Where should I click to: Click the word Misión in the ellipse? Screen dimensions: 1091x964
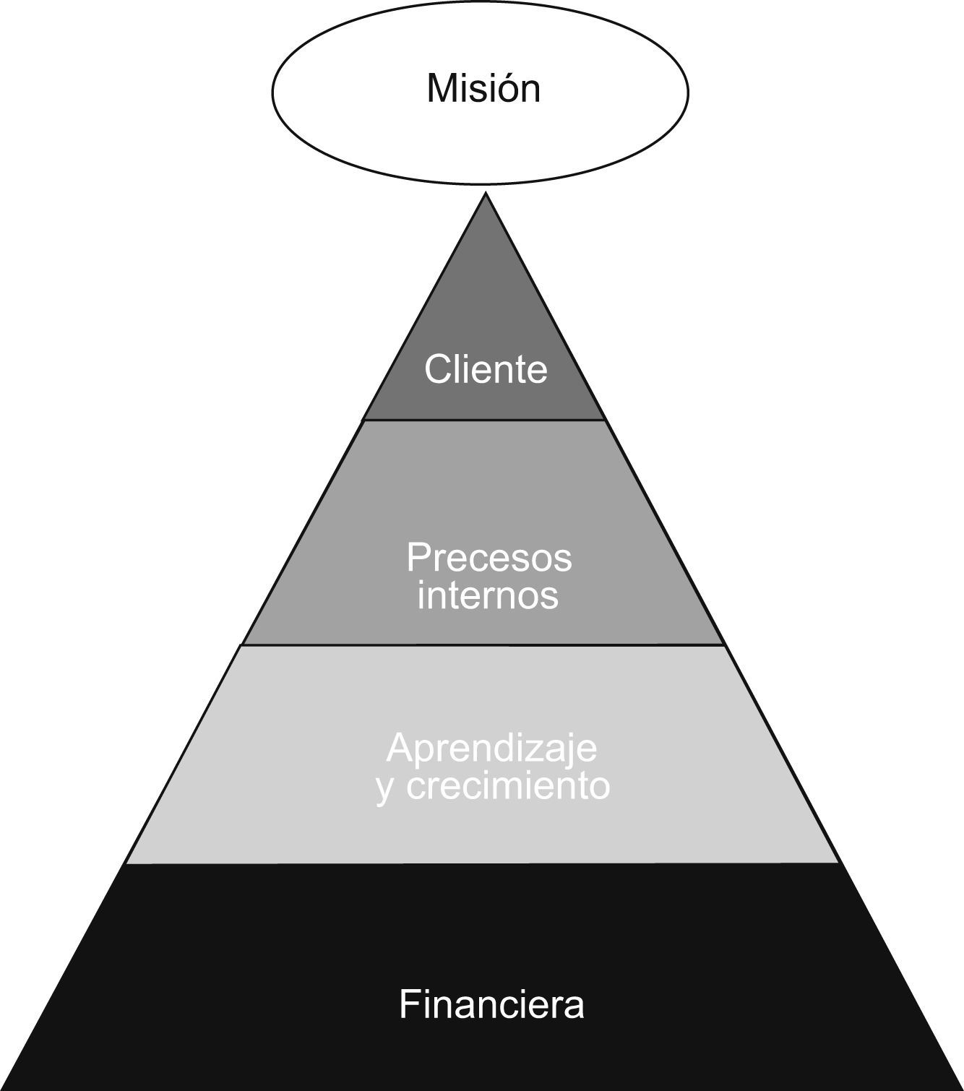(x=483, y=89)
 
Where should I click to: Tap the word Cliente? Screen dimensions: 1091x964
(x=486, y=369)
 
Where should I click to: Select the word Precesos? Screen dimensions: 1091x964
(x=489, y=558)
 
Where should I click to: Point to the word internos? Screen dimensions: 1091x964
(x=489, y=596)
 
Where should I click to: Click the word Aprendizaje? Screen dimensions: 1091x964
(x=491, y=749)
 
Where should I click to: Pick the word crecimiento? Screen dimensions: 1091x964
(x=509, y=785)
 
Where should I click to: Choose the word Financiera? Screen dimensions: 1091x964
(x=491, y=1004)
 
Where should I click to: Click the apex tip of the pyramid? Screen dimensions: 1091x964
(x=486, y=194)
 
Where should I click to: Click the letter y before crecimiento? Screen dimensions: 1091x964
(x=385, y=789)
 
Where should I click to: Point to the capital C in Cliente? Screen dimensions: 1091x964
(x=438, y=369)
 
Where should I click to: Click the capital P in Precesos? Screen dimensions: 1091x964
(x=418, y=558)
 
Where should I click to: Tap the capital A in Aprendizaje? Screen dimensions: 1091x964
(x=400, y=749)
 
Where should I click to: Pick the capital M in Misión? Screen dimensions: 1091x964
(x=442, y=89)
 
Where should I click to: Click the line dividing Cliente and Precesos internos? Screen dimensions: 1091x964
(x=483, y=420)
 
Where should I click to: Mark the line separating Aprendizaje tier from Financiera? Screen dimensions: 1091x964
(x=483, y=863)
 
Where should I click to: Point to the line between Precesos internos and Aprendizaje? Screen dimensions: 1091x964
(x=483, y=644)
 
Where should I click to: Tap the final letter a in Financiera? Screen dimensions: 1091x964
(x=574, y=1005)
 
